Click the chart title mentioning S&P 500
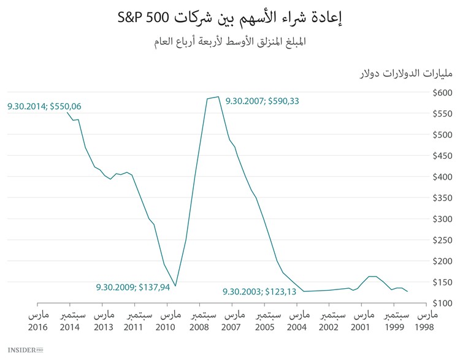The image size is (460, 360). [x=229, y=17]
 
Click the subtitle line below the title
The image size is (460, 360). [x=229, y=42]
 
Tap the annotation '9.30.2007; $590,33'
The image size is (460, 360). [x=263, y=101]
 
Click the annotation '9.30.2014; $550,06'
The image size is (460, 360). [x=44, y=106]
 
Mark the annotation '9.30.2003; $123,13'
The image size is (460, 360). [x=259, y=292]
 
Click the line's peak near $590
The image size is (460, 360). [x=218, y=97]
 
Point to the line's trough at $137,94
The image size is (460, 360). [x=175, y=286]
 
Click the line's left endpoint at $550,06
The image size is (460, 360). [x=67, y=113]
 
